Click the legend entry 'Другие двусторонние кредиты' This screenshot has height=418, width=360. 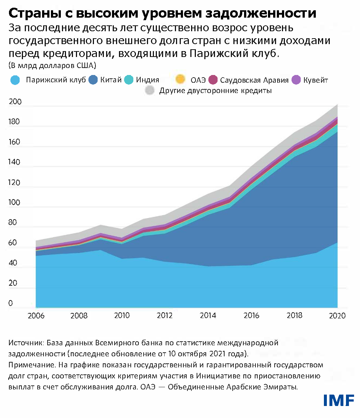[x=196, y=89]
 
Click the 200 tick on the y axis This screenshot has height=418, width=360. [x=14, y=105]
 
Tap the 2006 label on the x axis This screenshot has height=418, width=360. [x=36, y=315]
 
